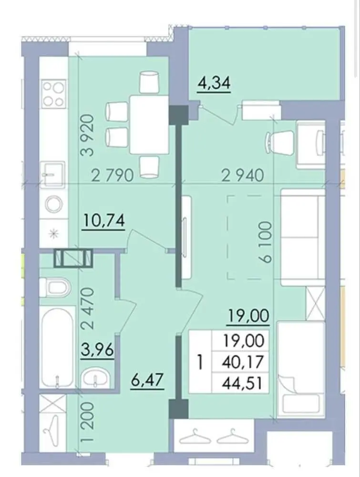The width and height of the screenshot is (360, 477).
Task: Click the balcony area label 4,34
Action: coord(214,83)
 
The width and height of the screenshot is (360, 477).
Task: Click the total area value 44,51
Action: coord(242,383)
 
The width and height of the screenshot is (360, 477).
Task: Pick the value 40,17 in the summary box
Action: coord(243,362)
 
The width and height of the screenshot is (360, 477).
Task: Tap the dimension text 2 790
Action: coord(113,176)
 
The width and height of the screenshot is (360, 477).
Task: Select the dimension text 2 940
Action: coord(243,176)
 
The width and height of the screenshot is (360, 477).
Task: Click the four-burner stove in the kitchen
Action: coord(54,93)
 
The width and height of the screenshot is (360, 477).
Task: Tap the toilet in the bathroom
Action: coord(55,287)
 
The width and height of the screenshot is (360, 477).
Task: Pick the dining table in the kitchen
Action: coord(149,124)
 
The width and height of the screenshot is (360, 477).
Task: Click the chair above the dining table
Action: coord(149,82)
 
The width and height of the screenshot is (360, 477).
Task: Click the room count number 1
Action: coord(200,362)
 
